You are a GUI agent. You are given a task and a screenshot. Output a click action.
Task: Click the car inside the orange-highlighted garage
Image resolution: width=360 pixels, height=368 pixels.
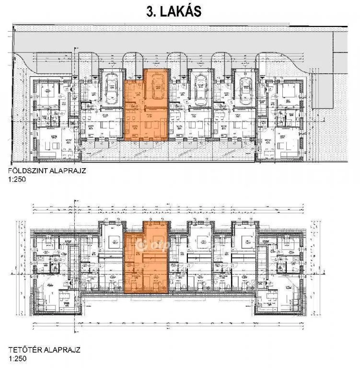pos(156,87)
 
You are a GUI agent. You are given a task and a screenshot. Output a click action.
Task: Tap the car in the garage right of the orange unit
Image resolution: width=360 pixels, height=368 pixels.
pos(200,87)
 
